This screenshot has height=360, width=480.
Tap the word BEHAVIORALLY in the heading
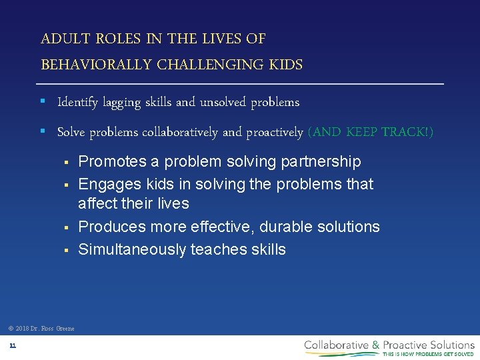(x=97, y=65)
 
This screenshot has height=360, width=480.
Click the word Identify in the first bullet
(x=77, y=103)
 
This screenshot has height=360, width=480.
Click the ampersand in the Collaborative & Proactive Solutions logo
(x=376, y=345)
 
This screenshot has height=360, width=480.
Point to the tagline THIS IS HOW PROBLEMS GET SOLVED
(x=428, y=354)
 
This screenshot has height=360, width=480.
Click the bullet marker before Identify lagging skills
(x=42, y=102)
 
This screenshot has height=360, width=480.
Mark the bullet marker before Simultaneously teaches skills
(x=66, y=251)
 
